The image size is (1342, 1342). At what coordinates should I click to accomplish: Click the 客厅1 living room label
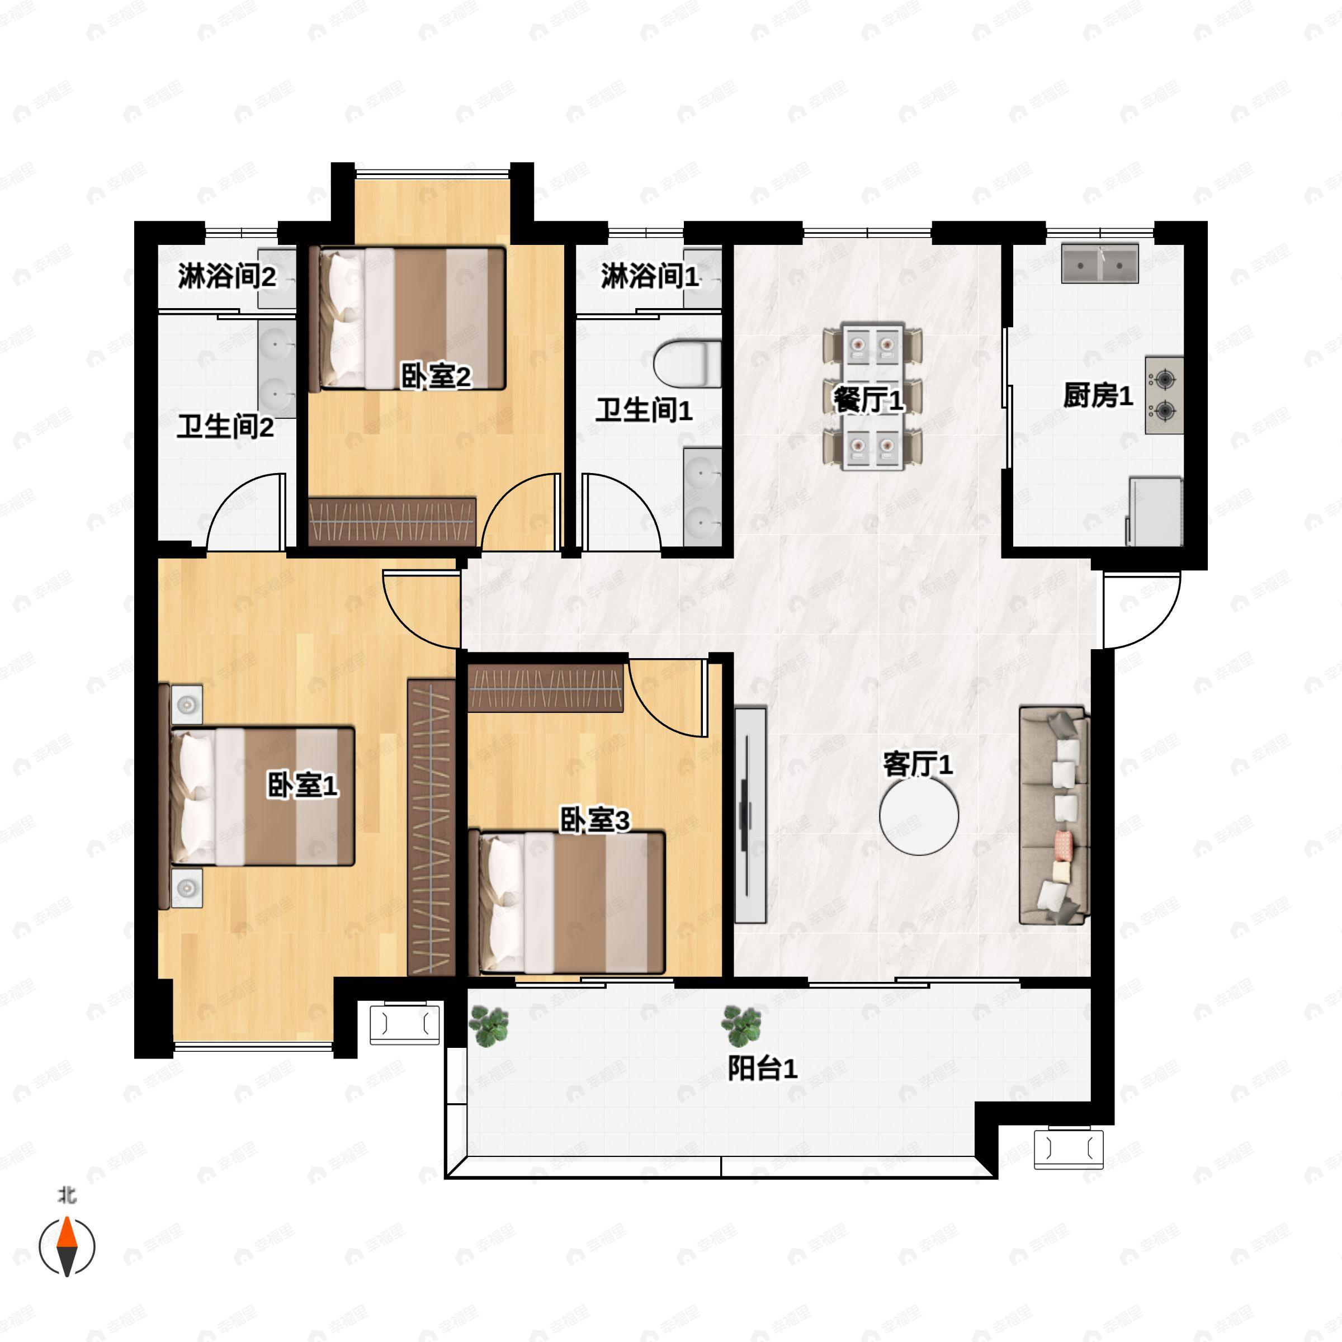(918, 765)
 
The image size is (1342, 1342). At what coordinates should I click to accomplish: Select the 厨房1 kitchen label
(1098, 395)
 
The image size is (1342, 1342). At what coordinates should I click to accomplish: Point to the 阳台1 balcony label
(763, 1069)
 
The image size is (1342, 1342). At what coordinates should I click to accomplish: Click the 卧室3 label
(594, 820)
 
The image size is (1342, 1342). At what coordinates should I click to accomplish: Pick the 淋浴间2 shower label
(227, 276)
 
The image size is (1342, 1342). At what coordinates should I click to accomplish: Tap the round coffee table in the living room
(918, 815)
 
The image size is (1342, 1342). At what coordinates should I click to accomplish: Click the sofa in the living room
(1053, 815)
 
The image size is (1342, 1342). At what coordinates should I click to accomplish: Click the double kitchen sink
(1099, 263)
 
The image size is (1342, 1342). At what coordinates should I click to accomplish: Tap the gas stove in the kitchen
(1164, 395)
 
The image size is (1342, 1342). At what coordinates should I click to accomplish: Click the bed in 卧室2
(411, 318)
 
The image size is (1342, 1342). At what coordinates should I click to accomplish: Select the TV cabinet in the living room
(750, 815)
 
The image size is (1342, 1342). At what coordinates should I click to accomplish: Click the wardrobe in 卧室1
(431, 826)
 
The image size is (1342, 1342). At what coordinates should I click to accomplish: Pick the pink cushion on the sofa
(1063, 844)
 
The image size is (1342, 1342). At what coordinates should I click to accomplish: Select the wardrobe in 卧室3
(545, 688)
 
